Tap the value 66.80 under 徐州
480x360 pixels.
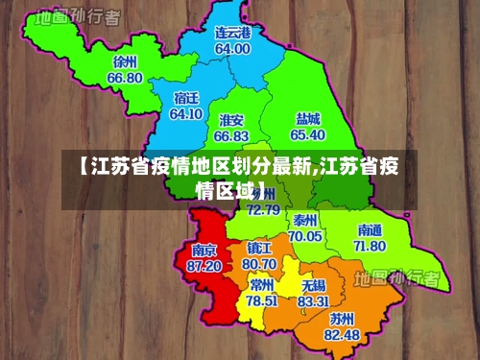pyautogui.click(x=125, y=78)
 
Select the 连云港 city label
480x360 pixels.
pyautogui.click(x=232, y=33)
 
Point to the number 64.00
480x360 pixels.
pyautogui.click(x=232, y=48)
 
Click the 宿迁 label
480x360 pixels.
pyautogui.click(x=186, y=98)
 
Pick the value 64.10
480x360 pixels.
pyautogui.click(x=185, y=113)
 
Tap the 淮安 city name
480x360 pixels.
pyautogui.click(x=231, y=120)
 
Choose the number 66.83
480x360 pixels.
pyautogui.click(x=231, y=136)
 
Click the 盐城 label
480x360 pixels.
pyautogui.click(x=308, y=118)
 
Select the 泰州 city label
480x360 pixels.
pyautogui.click(x=306, y=220)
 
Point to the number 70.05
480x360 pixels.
pyautogui.click(x=305, y=235)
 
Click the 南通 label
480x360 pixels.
pyautogui.click(x=370, y=230)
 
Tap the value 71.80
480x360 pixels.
pyautogui.click(x=370, y=246)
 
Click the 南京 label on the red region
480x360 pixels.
pyautogui.click(x=204, y=250)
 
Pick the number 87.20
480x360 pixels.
pyautogui.click(x=204, y=265)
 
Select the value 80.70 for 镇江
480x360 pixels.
pyautogui.click(x=259, y=263)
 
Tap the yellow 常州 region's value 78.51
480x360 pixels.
pyautogui.click(x=261, y=300)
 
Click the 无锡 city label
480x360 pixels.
pyautogui.click(x=313, y=285)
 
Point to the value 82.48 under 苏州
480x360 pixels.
pyautogui.click(x=342, y=334)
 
